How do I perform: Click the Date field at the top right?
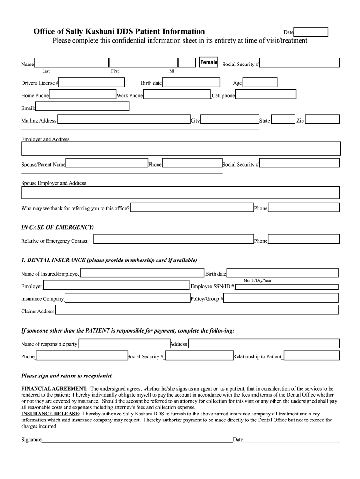311,32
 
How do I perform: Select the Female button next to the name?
209,62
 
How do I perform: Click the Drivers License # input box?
92,83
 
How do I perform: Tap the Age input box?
260,83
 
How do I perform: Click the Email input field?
82,107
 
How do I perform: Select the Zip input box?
322,120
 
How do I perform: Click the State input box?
283,120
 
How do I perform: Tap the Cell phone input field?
266,94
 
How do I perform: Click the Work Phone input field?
177,95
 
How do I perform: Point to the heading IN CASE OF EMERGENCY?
58,227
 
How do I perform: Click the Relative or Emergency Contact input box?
173,239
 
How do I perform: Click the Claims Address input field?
197,310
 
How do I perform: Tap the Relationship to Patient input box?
311,356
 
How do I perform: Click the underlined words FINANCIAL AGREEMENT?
54,389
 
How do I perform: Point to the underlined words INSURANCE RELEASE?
50,414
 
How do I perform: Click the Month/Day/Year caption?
257,281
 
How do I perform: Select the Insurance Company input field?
127,298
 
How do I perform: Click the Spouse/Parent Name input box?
107,163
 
